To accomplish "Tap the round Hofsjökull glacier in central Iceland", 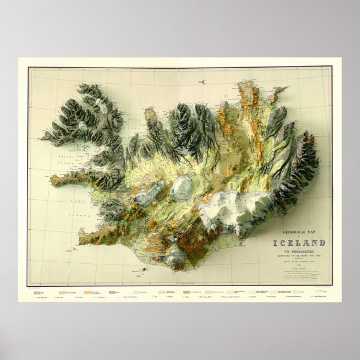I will click(x=181, y=188).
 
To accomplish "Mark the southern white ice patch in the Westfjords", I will click(x=83, y=126).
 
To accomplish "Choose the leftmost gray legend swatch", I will click(x=37, y=291).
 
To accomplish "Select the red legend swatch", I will click(x=112, y=291).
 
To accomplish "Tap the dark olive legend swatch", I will click(x=186, y=291).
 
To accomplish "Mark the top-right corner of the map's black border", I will click(x=331, y=67).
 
